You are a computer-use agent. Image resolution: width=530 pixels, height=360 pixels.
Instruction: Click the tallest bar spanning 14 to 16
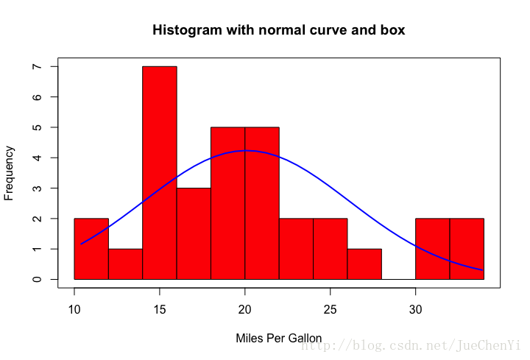tap(159, 173)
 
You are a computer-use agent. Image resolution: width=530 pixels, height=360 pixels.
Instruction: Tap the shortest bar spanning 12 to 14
tap(125, 264)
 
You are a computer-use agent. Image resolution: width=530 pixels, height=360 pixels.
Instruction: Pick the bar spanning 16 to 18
tap(194, 233)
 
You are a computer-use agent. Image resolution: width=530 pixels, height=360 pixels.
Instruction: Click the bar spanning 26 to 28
tap(364, 264)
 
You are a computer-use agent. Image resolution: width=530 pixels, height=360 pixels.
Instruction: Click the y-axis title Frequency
tap(10, 173)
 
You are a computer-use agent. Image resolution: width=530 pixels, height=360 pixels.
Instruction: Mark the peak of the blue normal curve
tap(248, 150)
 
